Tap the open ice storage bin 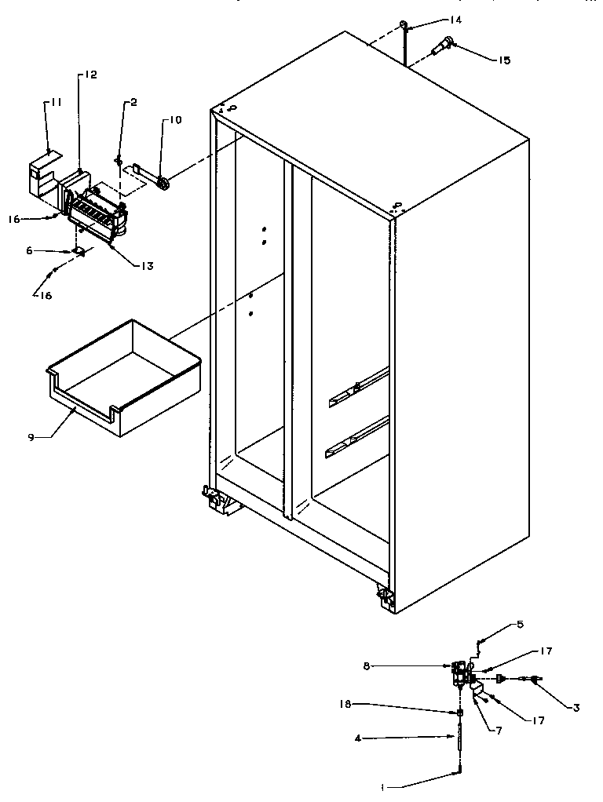pyautogui.click(x=125, y=377)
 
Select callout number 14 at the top pyautogui.click(x=433, y=20)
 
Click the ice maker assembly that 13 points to pyautogui.click(x=96, y=218)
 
